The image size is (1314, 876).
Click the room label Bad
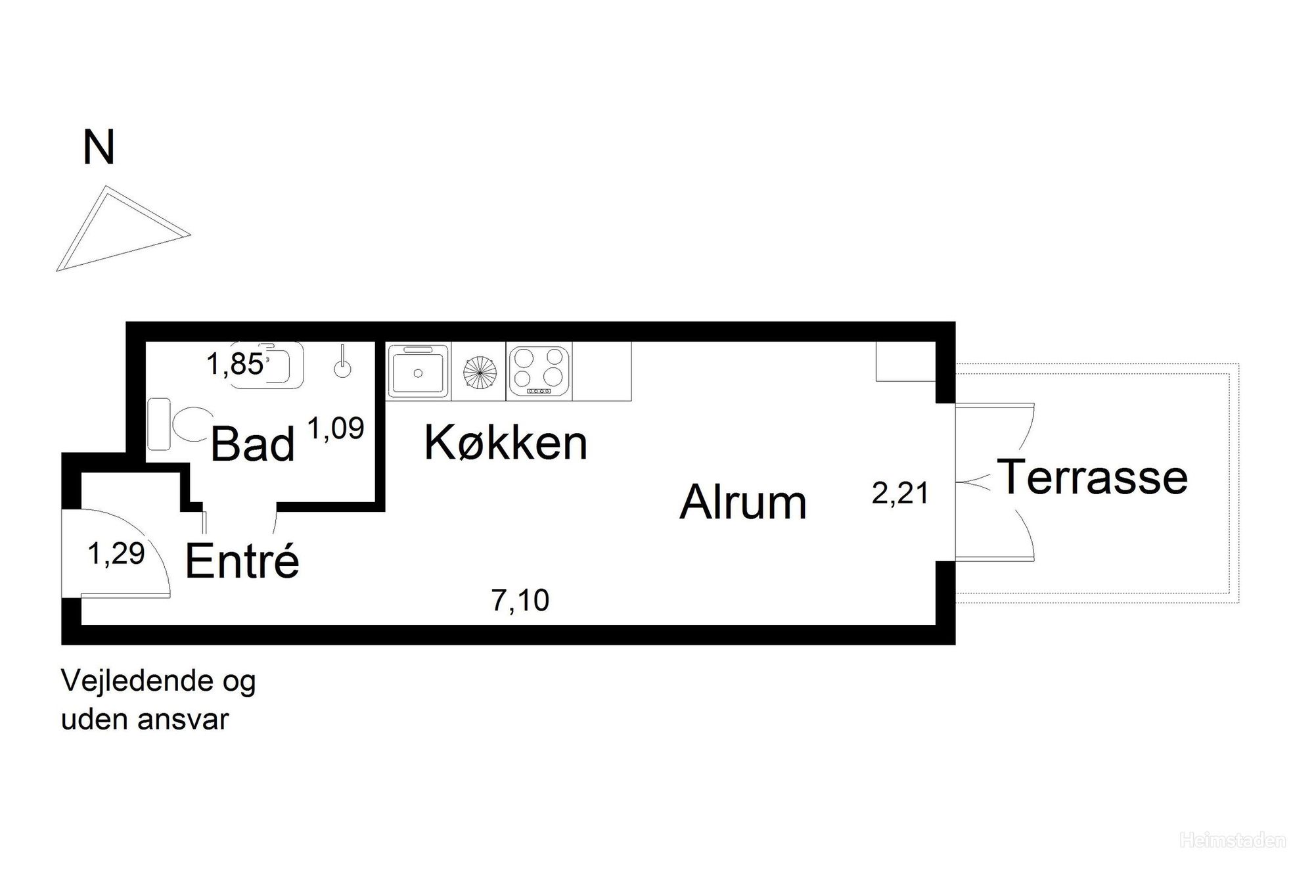tap(252, 445)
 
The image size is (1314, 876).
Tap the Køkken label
tap(506, 443)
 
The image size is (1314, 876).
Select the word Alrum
tap(743, 503)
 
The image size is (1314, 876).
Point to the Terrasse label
tap(1093, 477)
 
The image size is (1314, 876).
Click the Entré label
tap(242, 561)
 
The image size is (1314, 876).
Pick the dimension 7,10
tap(520, 601)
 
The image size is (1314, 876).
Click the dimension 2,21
tap(900, 494)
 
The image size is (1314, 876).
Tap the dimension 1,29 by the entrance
tap(116, 554)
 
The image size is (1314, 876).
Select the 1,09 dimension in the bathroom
tap(336, 429)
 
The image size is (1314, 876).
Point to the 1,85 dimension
tap(235, 364)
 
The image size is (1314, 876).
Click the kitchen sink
tap(418, 371)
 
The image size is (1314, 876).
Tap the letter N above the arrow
tap(99, 148)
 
